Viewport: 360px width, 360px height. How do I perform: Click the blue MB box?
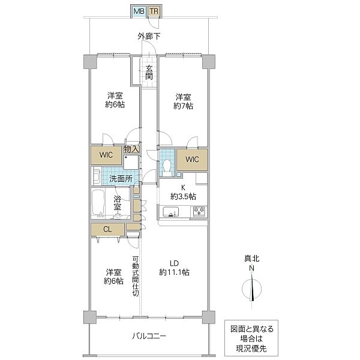coord(138,11)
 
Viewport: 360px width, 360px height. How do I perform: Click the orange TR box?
coord(154,11)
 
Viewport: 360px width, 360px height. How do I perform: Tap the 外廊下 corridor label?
coord(148,37)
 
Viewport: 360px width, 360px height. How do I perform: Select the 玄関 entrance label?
coord(148,72)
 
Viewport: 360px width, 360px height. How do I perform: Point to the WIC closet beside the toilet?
coord(192,160)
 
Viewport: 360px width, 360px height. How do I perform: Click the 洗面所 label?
coord(121,178)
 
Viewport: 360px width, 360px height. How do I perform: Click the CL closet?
coord(107,229)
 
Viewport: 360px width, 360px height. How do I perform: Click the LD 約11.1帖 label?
coord(175,268)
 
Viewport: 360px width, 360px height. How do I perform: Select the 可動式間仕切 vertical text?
coord(136,277)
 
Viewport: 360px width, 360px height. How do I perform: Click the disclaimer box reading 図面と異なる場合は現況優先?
coord(253,337)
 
